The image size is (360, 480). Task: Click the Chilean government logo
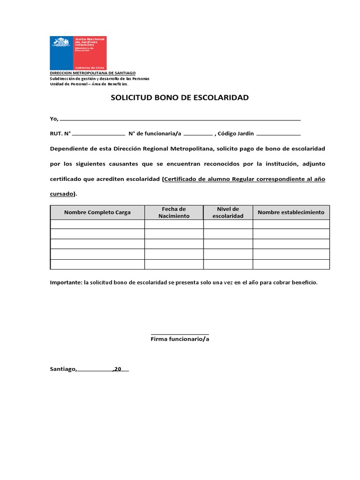pyautogui.click(x=78, y=53)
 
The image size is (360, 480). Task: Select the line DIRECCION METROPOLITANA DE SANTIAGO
pyautogui.click(x=93, y=74)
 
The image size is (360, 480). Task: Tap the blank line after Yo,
pyautogui.click(x=180, y=119)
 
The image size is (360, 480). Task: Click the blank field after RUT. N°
pyautogui.click(x=99, y=134)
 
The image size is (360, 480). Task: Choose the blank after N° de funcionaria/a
pyautogui.click(x=198, y=134)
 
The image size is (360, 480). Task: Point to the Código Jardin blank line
pyautogui.click(x=279, y=134)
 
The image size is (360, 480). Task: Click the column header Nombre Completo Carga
pyautogui.click(x=97, y=212)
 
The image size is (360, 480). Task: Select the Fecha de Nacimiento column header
pyautogui.click(x=174, y=212)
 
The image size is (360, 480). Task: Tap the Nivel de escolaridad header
pyautogui.click(x=228, y=212)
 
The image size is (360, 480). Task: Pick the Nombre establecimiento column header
pyautogui.click(x=291, y=212)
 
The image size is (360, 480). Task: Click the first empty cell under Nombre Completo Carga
pyautogui.click(x=97, y=224)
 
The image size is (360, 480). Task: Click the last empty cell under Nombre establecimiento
pyautogui.click(x=291, y=264)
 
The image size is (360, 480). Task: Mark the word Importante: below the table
pyautogui.click(x=66, y=283)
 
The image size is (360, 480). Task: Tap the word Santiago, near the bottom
pyautogui.click(x=63, y=369)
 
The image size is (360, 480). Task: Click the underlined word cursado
pyautogui.click(x=62, y=194)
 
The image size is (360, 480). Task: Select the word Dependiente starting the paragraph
pyautogui.click(x=68, y=149)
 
